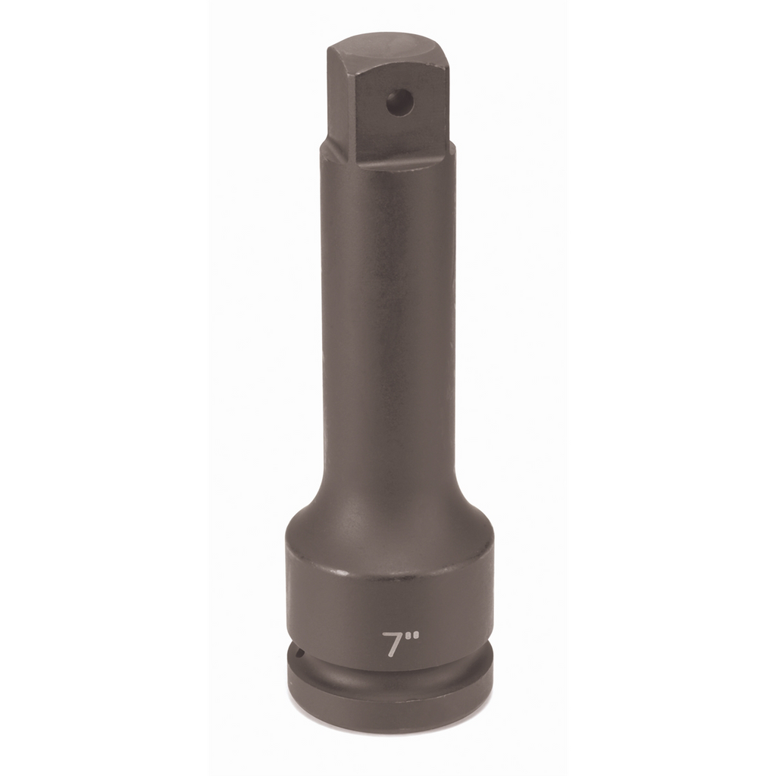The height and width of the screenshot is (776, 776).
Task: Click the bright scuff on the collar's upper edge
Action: (x=342, y=572)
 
